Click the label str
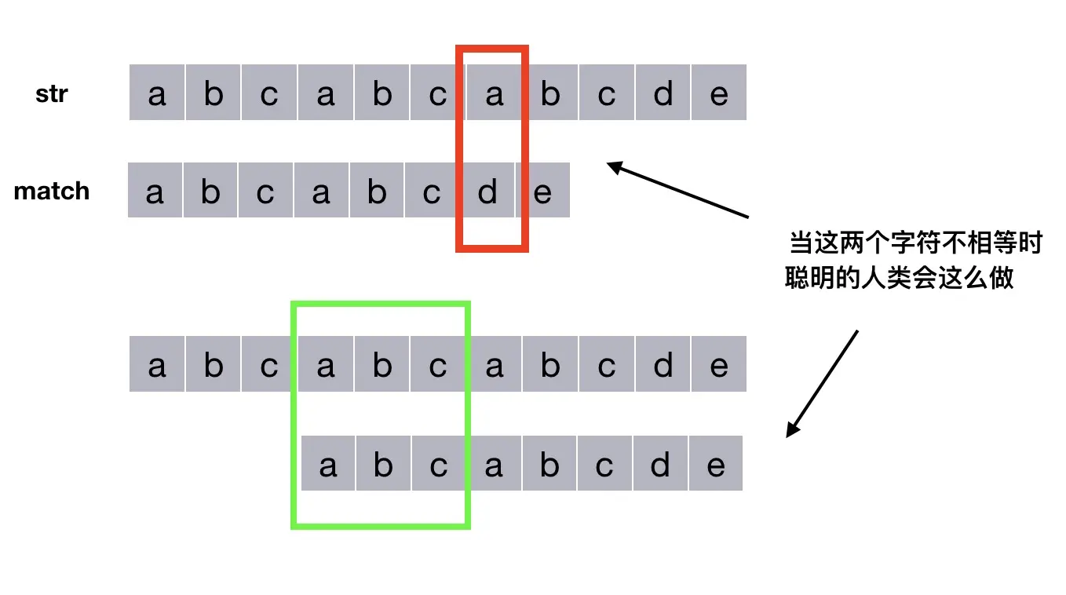(x=52, y=94)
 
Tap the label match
(x=52, y=191)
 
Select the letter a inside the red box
(x=494, y=93)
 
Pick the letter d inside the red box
(x=487, y=191)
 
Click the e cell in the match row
(x=543, y=191)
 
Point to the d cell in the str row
(x=663, y=93)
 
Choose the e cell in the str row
(x=719, y=93)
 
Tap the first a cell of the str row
(x=157, y=93)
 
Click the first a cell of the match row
(x=155, y=191)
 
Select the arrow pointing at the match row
(x=678, y=189)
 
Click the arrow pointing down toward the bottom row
(x=821, y=383)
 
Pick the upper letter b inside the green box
(x=382, y=365)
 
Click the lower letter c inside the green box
(x=438, y=465)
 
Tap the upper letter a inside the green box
(x=326, y=365)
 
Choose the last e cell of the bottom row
(x=715, y=465)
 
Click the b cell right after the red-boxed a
(x=550, y=93)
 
